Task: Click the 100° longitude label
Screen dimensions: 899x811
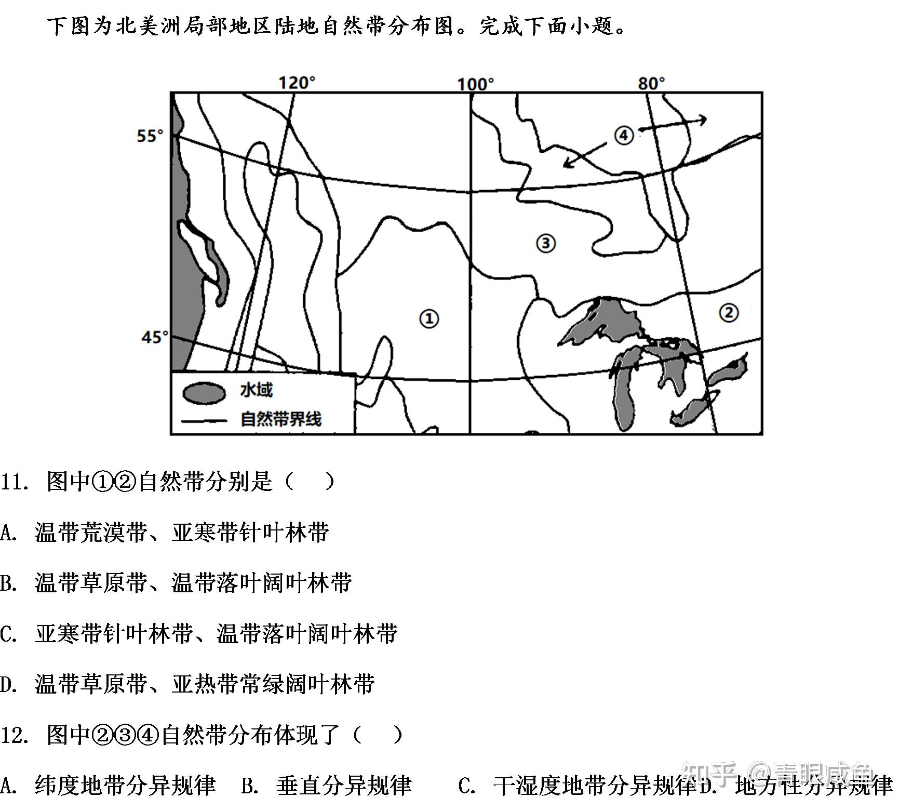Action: (475, 84)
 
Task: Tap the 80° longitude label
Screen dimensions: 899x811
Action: (651, 83)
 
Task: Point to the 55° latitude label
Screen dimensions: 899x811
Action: (150, 136)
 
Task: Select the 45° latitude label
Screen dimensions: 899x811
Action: (155, 337)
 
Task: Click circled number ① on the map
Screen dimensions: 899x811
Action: (429, 318)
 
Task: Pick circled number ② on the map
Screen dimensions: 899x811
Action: (729, 312)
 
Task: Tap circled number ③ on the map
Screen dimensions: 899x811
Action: (545, 243)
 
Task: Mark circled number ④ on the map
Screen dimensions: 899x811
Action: (624, 136)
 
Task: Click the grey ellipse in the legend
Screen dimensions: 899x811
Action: (204, 393)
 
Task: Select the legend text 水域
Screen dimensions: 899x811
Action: (256, 390)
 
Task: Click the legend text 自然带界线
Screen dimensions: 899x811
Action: (280, 419)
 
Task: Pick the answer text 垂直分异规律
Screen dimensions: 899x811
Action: (344, 786)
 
